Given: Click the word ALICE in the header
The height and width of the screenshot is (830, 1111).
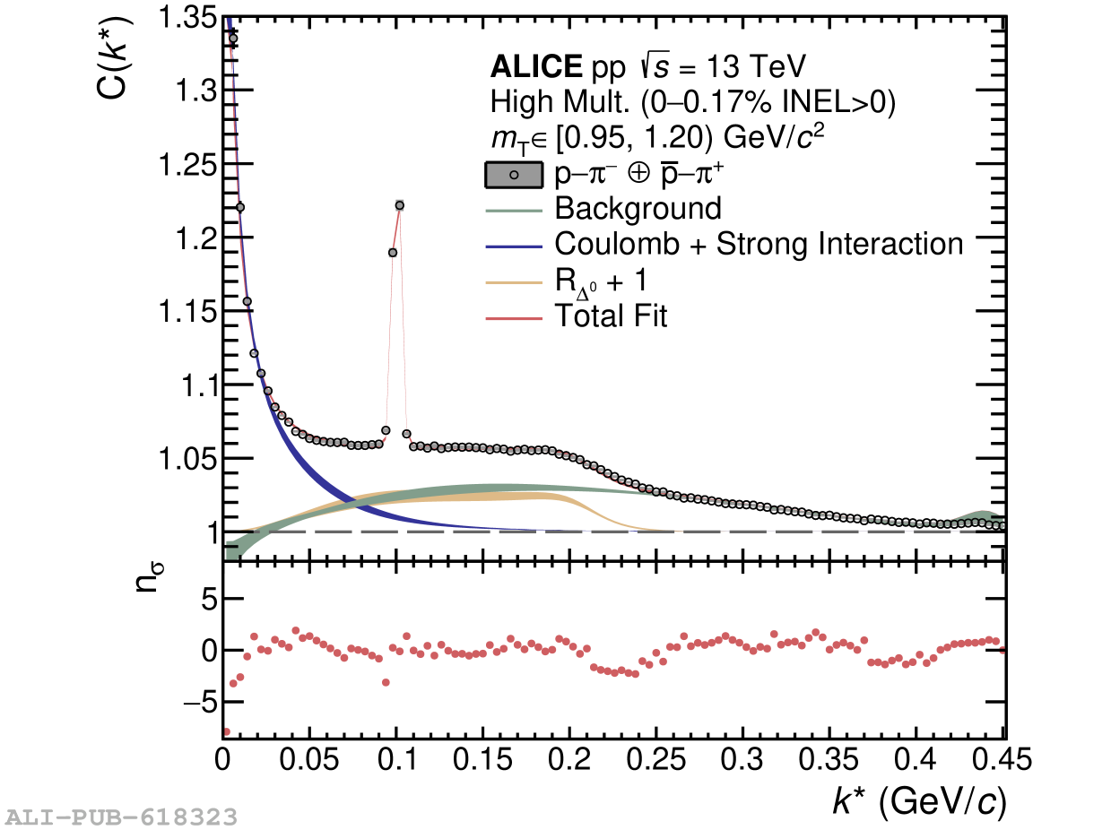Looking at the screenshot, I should [535, 67].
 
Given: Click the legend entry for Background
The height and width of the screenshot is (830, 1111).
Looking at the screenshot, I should [638, 209].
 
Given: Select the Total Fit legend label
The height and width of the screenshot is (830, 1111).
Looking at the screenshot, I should [612, 316].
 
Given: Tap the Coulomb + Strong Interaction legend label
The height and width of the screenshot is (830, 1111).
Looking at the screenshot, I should [759, 244].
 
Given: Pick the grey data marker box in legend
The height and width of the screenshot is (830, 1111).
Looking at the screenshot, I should [514, 175].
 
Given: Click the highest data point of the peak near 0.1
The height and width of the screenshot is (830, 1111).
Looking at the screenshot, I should [399, 205].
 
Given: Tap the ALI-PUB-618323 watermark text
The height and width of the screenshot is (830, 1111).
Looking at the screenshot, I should [121, 817].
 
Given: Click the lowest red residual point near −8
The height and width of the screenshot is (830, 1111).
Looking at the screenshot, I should [225, 731].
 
